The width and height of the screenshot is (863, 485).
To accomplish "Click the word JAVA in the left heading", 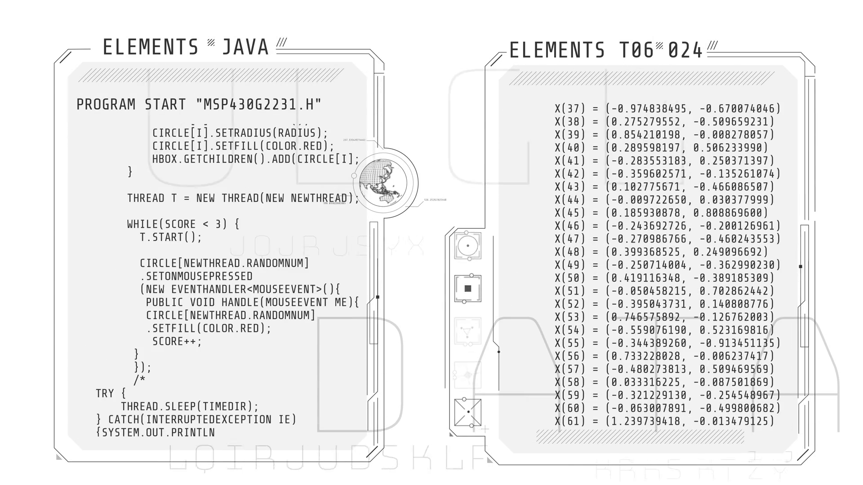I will (245, 48).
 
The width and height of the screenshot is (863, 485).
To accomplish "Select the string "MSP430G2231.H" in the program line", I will (259, 105).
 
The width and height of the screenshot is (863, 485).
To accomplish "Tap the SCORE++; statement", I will (177, 341).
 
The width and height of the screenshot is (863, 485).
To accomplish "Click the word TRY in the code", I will (105, 393).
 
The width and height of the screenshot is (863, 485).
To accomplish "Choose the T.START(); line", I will (171, 237).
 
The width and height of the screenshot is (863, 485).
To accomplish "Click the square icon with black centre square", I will (468, 289).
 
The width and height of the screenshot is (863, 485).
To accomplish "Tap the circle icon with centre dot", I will (468, 246).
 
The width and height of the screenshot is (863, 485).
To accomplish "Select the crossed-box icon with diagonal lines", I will (468, 412).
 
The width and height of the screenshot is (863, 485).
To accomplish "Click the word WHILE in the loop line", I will (143, 224).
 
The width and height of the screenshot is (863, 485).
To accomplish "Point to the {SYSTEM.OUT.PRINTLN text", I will (156, 432).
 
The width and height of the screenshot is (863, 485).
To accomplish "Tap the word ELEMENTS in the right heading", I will (557, 50).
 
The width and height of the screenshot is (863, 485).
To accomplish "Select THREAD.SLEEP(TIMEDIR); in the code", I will (190, 406).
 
